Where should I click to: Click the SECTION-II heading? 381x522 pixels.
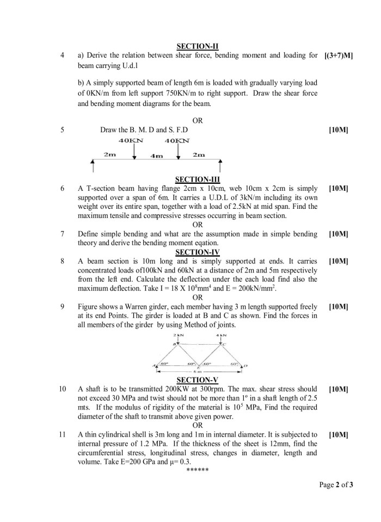pos(198,47)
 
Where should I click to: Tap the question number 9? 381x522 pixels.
pos(63,307)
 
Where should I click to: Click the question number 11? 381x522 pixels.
pos(63,434)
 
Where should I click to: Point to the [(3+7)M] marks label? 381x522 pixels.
pos(338,55)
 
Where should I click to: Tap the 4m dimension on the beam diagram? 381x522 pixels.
pos(156,156)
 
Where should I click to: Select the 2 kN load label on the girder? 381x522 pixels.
pos(177,335)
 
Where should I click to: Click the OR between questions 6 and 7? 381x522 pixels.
pos(198,224)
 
